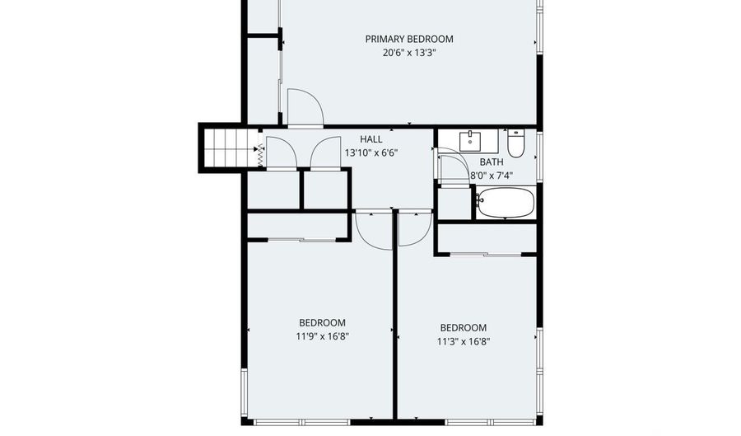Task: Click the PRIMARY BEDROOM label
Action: pos(409,39)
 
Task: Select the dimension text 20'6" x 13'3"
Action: pos(409,53)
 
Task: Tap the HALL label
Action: pos(370,139)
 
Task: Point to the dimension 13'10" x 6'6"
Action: pos(370,152)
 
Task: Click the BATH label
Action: pos(492,162)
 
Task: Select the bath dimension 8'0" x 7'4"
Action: pos(492,176)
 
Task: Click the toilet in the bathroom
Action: pos(516,143)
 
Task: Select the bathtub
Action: pos(506,203)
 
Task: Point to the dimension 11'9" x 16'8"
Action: pos(322,335)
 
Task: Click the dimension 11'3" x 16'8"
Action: pos(464,340)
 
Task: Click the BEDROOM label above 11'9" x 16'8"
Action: pos(322,322)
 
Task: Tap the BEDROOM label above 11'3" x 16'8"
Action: pos(464,327)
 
